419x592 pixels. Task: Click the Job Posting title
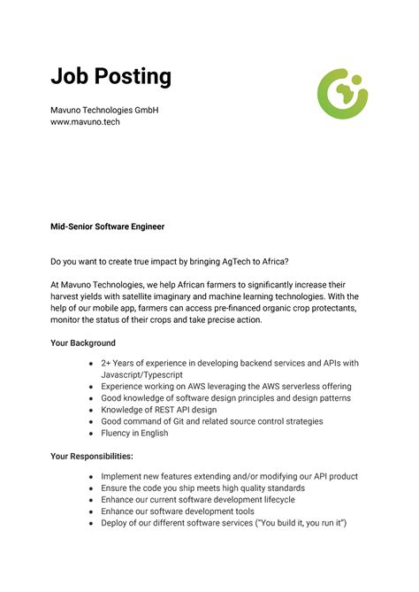pyautogui.click(x=110, y=77)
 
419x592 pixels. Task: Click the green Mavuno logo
pyautogui.click(x=342, y=92)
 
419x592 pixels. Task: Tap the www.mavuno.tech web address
pyautogui.click(x=85, y=122)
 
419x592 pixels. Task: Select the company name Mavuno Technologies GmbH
pyautogui.click(x=104, y=110)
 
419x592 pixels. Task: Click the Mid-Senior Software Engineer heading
pyautogui.click(x=107, y=227)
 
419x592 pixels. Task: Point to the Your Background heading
pyautogui.click(x=83, y=342)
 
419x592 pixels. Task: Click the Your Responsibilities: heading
pyautogui.click(x=92, y=456)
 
